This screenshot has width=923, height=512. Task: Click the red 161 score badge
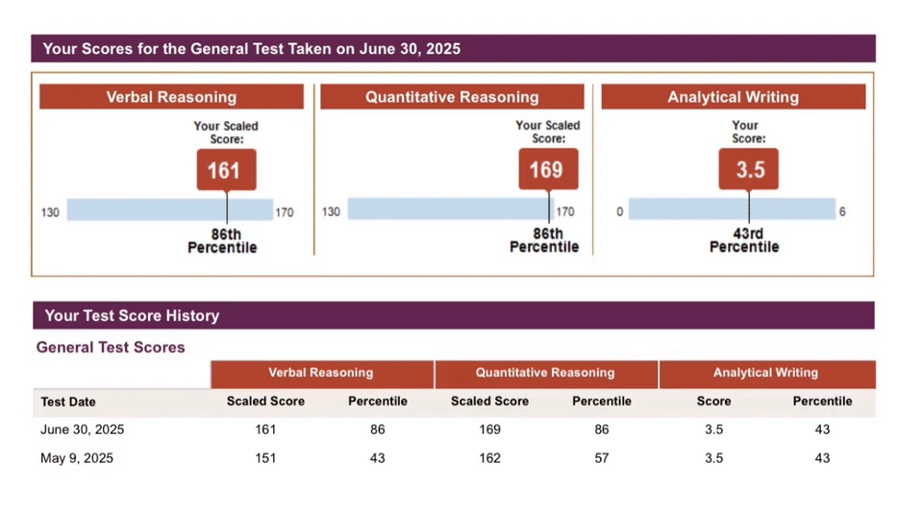pyautogui.click(x=226, y=170)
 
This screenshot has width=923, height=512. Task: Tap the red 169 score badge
pyautogui.click(x=548, y=170)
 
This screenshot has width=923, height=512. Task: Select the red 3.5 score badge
pyautogui.click(x=748, y=170)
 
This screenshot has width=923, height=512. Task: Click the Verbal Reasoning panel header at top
pyautogui.click(x=171, y=97)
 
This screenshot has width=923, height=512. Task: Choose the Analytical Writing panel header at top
pyautogui.click(x=733, y=97)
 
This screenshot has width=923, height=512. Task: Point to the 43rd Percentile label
pyautogui.click(x=744, y=240)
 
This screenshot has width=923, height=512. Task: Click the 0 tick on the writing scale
pyautogui.click(x=620, y=211)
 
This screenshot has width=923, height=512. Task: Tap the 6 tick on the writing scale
pyautogui.click(x=842, y=211)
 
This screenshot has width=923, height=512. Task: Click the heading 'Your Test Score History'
pyautogui.click(x=132, y=316)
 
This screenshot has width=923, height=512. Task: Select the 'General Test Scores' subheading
pyautogui.click(x=111, y=348)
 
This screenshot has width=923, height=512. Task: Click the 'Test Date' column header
pyautogui.click(x=68, y=402)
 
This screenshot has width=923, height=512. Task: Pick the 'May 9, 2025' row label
pyautogui.click(x=77, y=458)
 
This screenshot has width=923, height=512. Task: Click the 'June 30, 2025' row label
pyautogui.click(x=83, y=429)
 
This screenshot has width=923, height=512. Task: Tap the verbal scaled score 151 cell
pyautogui.click(x=265, y=458)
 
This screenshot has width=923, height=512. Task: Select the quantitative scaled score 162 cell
pyautogui.click(x=489, y=458)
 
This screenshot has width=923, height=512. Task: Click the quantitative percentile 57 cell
pyautogui.click(x=602, y=458)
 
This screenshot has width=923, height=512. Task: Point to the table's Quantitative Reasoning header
pyautogui.click(x=545, y=373)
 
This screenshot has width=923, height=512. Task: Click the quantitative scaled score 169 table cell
pyautogui.click(x=489, y=429)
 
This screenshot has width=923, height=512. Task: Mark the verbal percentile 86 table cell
pyautogui.click(x=378, y=429)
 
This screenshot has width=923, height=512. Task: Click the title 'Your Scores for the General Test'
pyautogui.click(x=252, y=49)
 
